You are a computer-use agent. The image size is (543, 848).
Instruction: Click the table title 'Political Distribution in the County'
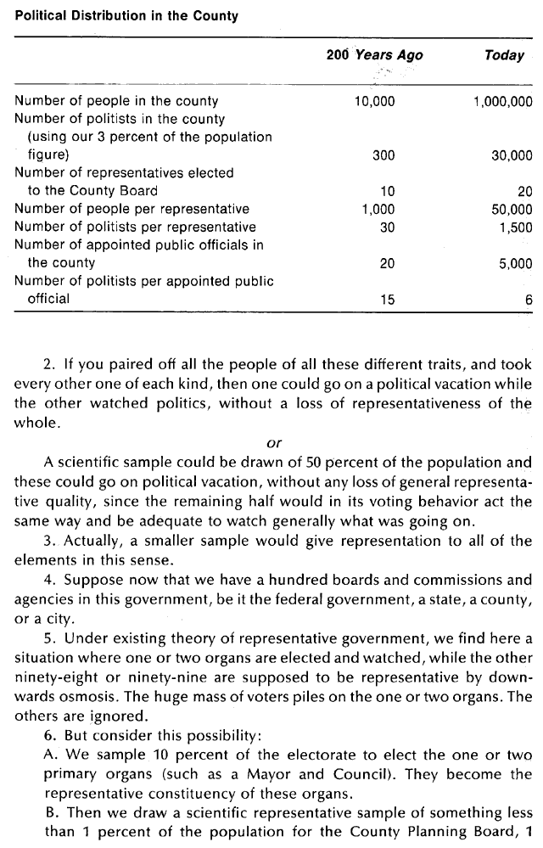[126, 16]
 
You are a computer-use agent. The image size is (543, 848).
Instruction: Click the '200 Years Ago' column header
[374, 56]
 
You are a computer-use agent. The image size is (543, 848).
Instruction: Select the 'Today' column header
[504, 56]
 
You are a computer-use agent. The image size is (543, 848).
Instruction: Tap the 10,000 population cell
[374, 102]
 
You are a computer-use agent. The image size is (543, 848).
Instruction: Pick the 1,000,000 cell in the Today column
[502, 102]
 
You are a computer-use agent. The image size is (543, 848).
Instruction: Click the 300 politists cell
[384, 155]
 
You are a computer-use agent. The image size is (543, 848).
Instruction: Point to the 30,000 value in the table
[512, 155]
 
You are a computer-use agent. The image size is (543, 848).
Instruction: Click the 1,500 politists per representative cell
[516, 227]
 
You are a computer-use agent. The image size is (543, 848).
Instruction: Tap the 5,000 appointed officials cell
[516, 263]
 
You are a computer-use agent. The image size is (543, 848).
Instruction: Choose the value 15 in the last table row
[387, 299]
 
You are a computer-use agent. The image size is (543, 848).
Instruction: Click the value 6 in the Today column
[529, 299]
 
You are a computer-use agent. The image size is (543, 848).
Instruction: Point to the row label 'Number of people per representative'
[132, 209]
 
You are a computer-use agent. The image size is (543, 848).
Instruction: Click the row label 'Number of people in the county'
[116, 102]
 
